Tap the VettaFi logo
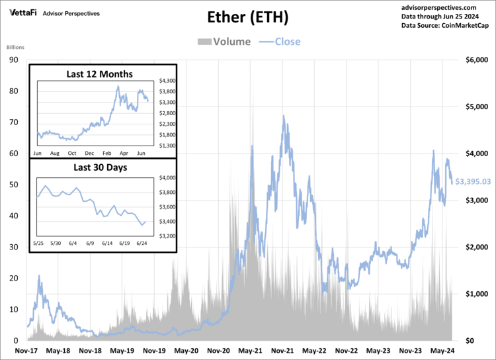click(22, 13)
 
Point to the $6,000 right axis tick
click(476, 60)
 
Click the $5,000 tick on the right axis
click(476, 107)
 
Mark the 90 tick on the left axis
click(13, 60)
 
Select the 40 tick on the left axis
click(13, 216)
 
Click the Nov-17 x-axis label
click(27, 350)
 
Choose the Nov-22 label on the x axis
click(347, 350)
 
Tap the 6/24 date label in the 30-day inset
click(143, 244)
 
